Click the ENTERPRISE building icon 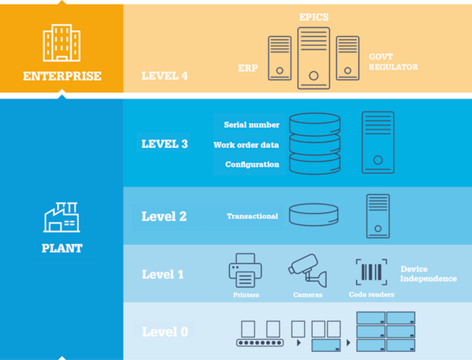(62, 43)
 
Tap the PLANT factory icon (62, 217)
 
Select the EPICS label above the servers (314, 17)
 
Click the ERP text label (248, 68)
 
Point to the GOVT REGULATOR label (393, 62)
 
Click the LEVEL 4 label (164, 76)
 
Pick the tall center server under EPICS (314, 58)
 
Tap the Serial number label (252, 125)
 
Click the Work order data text (246, 145)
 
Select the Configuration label (252, 164)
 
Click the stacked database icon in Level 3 (315, 144)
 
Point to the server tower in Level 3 (378, 143)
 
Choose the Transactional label (252, 216)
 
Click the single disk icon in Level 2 (314, 215)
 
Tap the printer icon (245, 270)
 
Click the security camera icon (308, 270)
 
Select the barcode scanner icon (371, 272)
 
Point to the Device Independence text (429, 274)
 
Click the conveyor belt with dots (260, 343)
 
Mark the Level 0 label (165, 332)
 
